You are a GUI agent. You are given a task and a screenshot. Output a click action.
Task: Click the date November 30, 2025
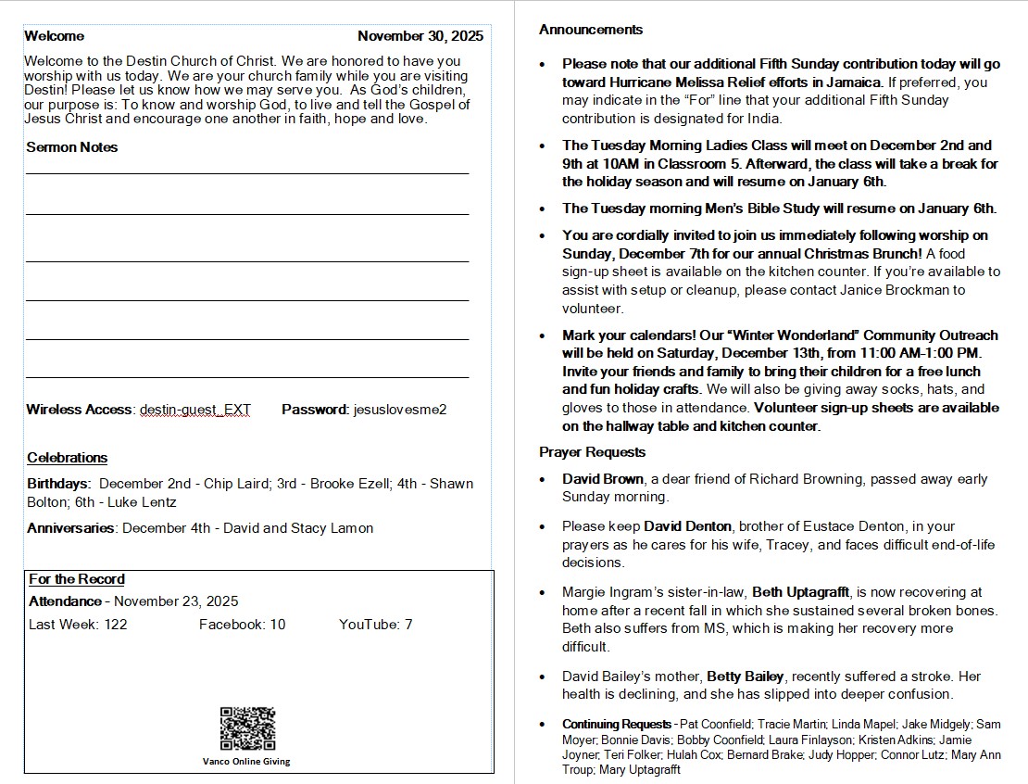pos(420,36)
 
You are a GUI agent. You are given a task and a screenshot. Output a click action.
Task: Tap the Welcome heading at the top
pos(54,36)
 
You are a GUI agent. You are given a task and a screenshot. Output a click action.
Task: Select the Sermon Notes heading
pos(72,147)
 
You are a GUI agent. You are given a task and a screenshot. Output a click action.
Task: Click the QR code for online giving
pos(247,728)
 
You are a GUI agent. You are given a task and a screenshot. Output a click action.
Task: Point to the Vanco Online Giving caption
pos(246,762)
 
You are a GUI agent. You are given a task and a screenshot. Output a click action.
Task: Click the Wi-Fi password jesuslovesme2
pos(400,409)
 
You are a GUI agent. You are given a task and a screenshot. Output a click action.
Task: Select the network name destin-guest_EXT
pos(194,409)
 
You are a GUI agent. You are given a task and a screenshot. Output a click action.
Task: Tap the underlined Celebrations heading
pos(67,458)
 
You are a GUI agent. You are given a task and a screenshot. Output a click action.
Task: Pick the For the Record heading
pos(77,579)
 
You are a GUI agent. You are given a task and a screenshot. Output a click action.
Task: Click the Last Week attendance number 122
pos(116,625)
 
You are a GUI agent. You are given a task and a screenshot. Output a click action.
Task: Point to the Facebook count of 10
pos(278,625)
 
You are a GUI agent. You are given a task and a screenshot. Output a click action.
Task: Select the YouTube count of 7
pos(408,625)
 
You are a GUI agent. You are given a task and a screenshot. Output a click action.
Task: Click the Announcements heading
pos(591,30)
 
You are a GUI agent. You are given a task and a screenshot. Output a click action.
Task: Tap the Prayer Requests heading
pos(593,452)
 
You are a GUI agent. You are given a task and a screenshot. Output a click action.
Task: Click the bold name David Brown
pos(603,479)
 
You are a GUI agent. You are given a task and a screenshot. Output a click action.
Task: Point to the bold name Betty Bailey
pos(746,677)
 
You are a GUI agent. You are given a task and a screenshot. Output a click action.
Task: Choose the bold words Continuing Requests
pos(617,724)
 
